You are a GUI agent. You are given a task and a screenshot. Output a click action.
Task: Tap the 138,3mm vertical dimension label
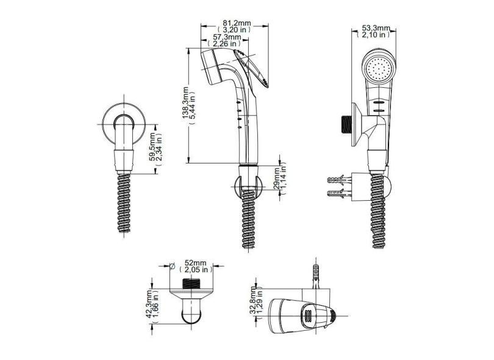point(185,103)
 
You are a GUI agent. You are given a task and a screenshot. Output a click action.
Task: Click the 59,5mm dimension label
point(152,146)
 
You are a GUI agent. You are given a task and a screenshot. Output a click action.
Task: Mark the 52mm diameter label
point(195,262)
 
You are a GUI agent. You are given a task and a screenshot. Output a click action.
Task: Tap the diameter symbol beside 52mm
point(172,267)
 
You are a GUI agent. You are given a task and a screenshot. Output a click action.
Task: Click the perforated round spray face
point(379,68)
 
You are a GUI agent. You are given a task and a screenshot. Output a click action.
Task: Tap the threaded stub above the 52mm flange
point(192,284)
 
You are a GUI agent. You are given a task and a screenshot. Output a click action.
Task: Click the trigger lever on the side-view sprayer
point(252,68)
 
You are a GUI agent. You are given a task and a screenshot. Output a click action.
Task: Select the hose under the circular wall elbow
point(124,203)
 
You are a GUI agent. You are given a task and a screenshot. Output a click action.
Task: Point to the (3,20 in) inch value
point(234,30)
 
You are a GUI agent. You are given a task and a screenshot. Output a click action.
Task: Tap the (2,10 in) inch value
point(374,35)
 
